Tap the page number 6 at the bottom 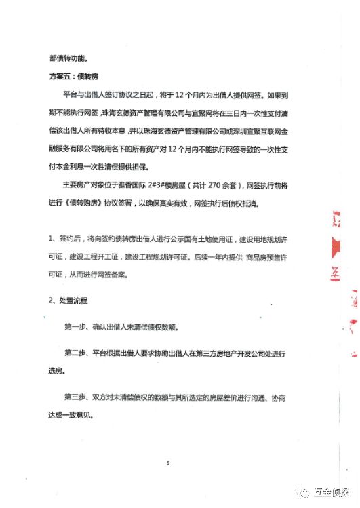point(167,463)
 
